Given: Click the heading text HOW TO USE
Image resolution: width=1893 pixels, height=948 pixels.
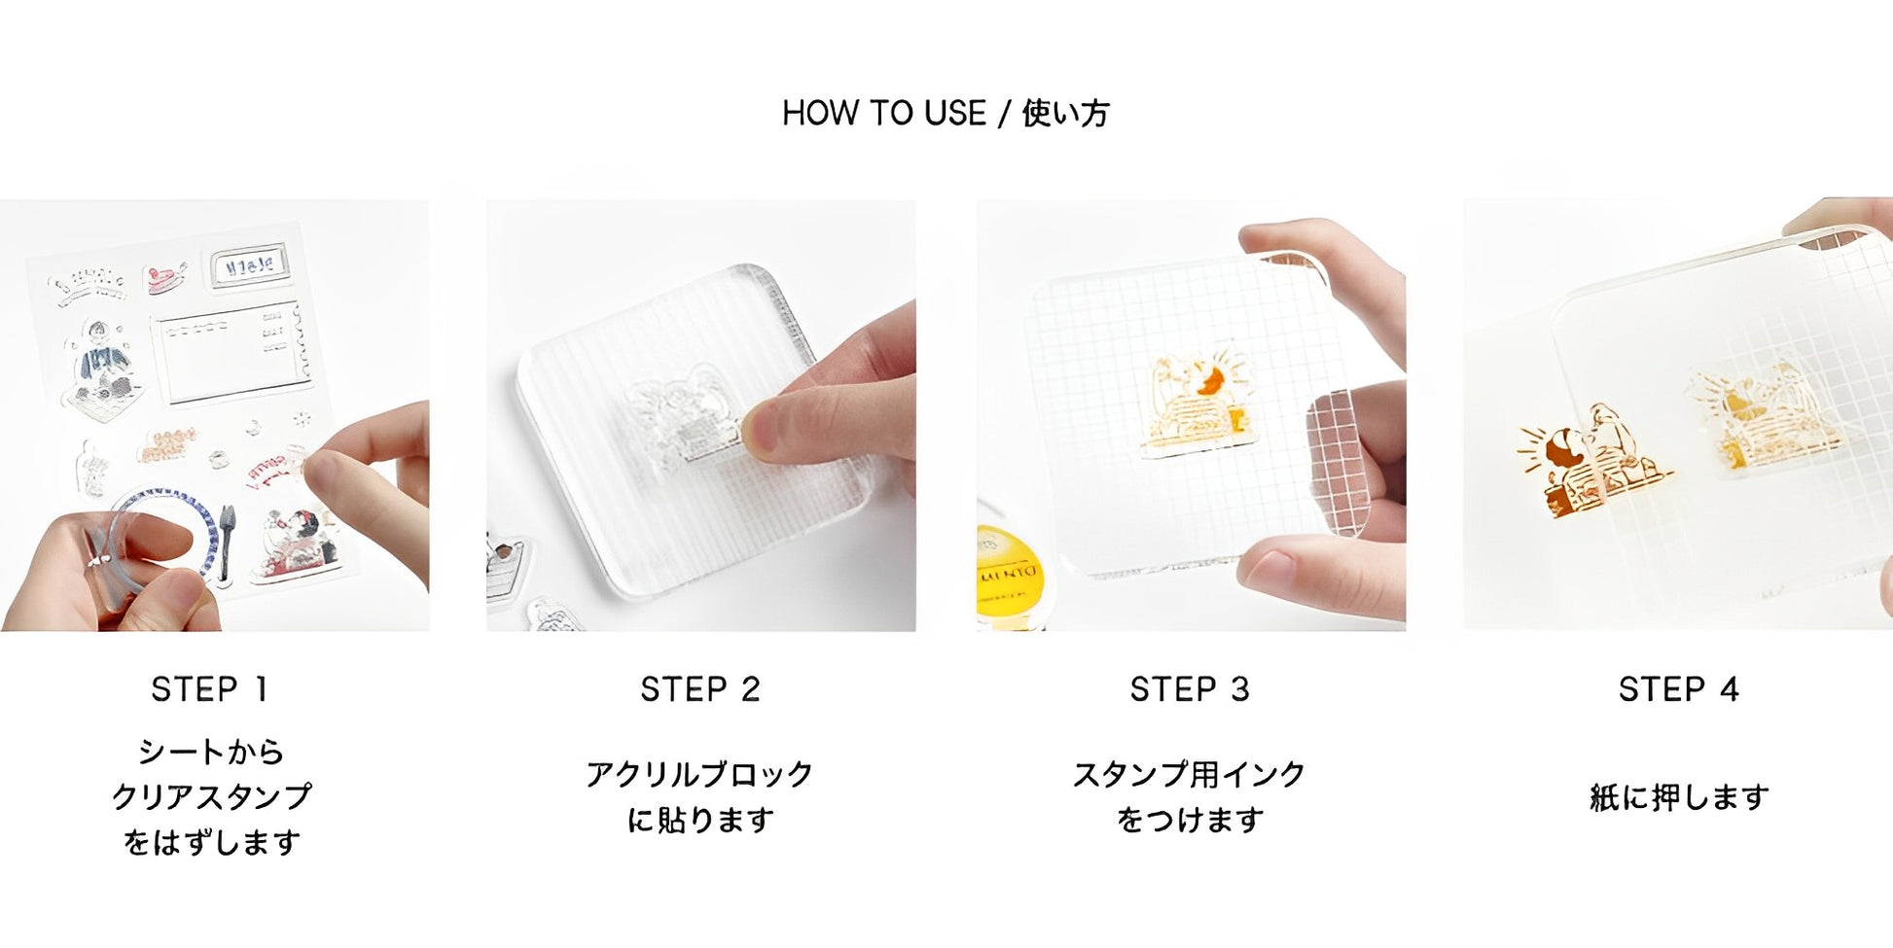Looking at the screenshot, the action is [x=883, y=114].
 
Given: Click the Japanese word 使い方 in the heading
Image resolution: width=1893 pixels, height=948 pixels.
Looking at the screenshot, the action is [x=1065, y=114].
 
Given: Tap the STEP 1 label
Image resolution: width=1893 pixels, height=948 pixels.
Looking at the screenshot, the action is [x=209, y=689].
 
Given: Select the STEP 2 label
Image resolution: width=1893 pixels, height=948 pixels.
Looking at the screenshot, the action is [x=699, y=689].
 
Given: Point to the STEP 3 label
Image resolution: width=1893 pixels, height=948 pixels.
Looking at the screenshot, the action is [x=1189, y=689].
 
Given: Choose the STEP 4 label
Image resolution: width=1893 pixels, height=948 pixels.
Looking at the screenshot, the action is [x=1678, y=689].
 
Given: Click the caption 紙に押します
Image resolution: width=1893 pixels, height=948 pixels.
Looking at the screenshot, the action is [x=1679, y=797].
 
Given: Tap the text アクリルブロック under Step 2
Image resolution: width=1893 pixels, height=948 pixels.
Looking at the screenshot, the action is [x=699, y=774].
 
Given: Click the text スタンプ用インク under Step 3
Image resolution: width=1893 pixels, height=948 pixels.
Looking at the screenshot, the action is [x=1189, y=774].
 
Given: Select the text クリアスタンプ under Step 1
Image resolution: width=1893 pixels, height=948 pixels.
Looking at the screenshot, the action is [x=211, y=796].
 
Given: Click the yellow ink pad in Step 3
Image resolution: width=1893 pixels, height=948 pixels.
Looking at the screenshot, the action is [x=1008, y=575].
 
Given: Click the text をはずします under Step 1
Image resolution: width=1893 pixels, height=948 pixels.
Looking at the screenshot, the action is [x=211, y=842].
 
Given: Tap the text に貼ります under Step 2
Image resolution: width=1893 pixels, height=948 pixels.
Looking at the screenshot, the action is [x=699, y=820].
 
